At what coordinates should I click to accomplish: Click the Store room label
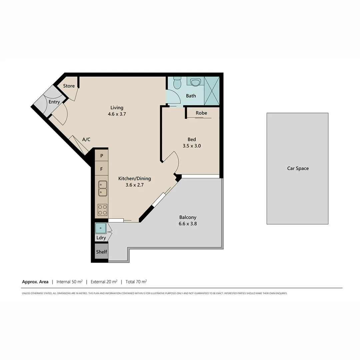(x=69, y=86)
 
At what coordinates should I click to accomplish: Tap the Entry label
(x=54, y=102)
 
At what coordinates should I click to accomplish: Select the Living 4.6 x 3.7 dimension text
(x=117, y=114)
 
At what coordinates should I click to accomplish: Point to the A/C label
(x=86, y=140)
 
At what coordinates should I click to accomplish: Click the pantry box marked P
(x=102, y=156)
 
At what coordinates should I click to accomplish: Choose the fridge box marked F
(x=102, y=169)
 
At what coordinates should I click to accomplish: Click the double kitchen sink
(x=103, y=188)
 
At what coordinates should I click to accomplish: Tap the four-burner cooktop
(x=103, y=209)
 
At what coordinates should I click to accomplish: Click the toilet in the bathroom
(x=177, y=83)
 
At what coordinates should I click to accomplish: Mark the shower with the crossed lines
(x=212, y=91)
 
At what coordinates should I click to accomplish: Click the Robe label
(x=201, y=113)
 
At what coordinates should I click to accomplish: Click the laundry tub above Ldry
(x=101, y=228)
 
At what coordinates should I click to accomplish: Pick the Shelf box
(x=102, y=252)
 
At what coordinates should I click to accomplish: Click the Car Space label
(x=298, y=168)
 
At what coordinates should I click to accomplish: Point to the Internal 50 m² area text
(x=69, y=282)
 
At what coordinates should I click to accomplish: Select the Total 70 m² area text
(x=136, y=282)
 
